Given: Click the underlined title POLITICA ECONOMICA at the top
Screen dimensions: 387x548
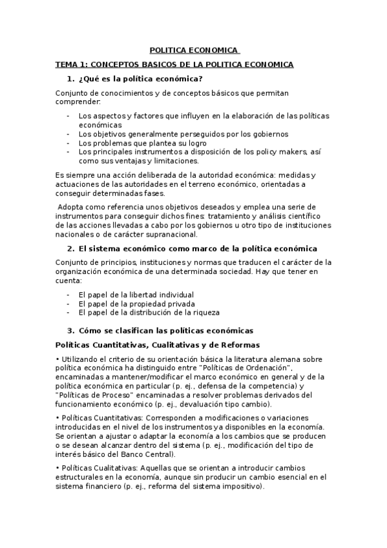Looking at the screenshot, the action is tap(193, 50).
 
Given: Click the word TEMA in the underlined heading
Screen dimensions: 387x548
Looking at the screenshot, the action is tap(67, 65).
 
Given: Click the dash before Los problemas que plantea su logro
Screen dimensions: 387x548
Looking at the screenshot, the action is tap(68, 143).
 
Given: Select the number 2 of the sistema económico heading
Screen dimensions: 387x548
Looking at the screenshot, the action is tap(70, 248).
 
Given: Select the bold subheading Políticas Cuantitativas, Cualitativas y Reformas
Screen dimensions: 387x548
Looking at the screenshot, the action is tap(158, 344).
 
